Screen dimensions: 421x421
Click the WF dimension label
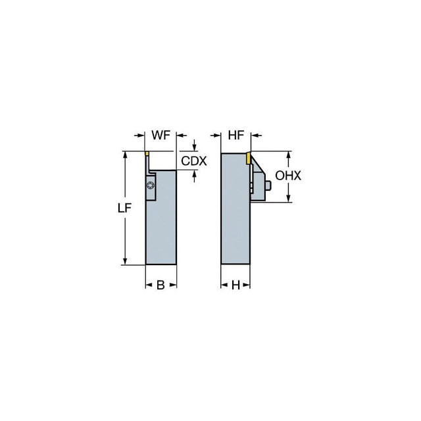pyautogui.click(x=161, y=135)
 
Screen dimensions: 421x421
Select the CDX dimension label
pyautogui.click(x=194, y=161)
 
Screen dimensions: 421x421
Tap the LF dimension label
pyautogui.click(x=124, y=208)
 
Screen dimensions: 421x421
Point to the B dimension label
pyautogui.click(x=161, y=285)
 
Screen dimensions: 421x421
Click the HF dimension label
pyautogui.click(x=236, y=136)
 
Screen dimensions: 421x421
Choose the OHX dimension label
pyautogui.click(x=288, y=176)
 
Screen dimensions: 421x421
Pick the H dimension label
pyautogui.click(x=235, y=285)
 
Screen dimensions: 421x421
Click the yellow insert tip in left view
pyautogui.click(x=147, y=153)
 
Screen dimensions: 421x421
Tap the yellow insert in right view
pyautogui.click(x=249, y=158)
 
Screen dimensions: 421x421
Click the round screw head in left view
pyautogui.click(x=151, y=186)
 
